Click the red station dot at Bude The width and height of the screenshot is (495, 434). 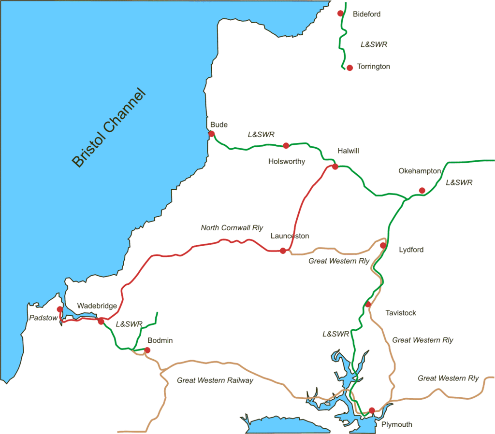(211, 134)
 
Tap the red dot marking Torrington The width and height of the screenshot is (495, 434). (349, 68)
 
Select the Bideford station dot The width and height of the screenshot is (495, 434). (340, 13)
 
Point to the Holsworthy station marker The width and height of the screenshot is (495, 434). (286, 145)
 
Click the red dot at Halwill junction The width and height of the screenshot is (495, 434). (335, 167)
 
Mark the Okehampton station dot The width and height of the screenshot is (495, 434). (422, 190)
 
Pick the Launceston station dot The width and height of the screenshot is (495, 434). (283, 251)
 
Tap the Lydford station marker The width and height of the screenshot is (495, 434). (383, 246)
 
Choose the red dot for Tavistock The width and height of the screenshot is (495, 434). (368, 304)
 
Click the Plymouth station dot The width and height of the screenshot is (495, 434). (372, 410)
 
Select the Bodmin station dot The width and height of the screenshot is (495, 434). (147, 350)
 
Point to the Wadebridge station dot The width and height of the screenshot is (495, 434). (101, 321)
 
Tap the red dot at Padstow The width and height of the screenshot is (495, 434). (59, 309)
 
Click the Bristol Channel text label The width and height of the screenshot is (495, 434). (108, 128)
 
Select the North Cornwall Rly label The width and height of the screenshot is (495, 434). (232, 227)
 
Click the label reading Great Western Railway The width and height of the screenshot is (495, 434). (215, 380)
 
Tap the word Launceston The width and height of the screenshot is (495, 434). (290, 236)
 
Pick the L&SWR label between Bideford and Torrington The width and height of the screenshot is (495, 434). (374, 44)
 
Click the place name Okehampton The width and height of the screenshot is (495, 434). (420, 171)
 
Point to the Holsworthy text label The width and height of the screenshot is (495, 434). (287, 161)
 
